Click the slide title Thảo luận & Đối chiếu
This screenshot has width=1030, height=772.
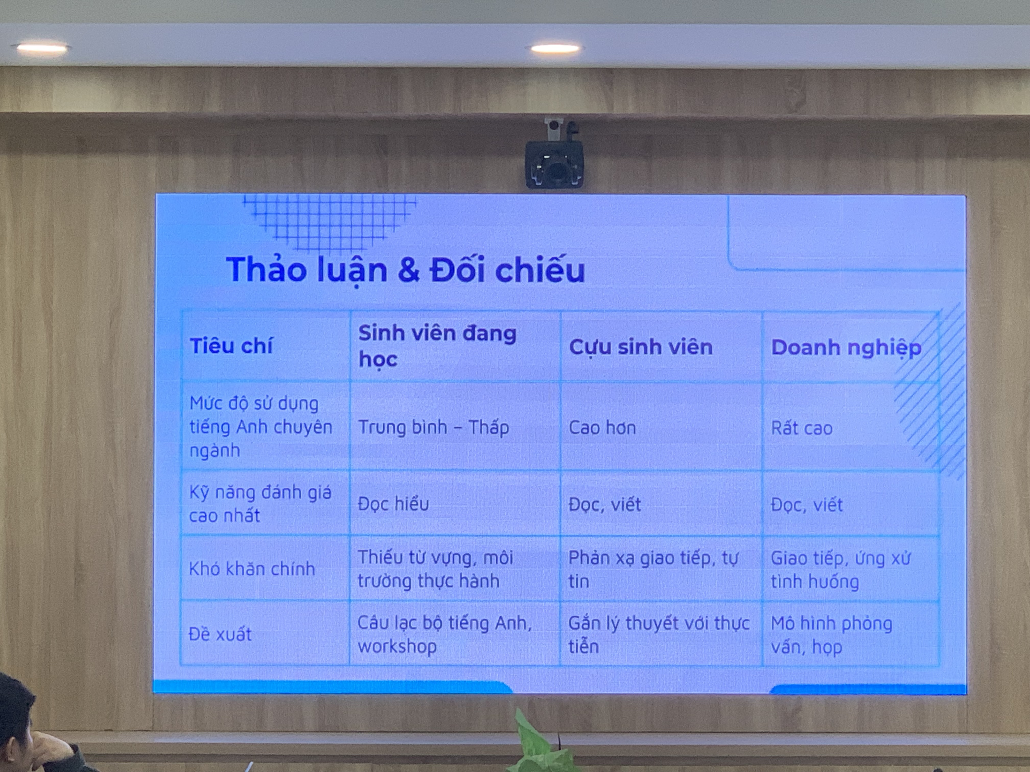(405, 270)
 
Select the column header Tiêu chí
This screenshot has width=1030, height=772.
(231, 346)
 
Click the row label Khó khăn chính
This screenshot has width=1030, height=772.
(252, 569)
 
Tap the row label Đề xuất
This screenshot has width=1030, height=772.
(220, 634)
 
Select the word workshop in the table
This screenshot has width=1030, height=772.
(397, 646)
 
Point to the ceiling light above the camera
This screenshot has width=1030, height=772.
(555, 49)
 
